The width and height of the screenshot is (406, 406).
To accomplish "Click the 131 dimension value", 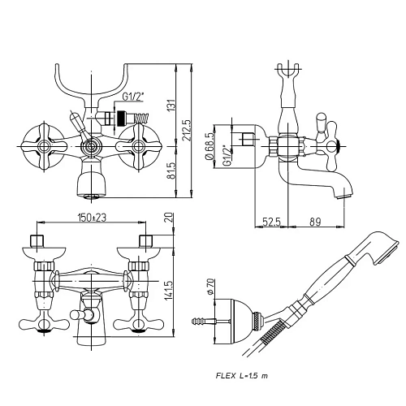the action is pos(171,104).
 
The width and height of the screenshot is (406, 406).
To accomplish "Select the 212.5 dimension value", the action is pos(187,131).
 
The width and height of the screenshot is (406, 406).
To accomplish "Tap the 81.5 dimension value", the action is pos(171,171).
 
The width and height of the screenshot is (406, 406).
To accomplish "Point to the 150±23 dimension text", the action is pos(92,218).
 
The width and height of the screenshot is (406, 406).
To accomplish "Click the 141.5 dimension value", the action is pos(168,291).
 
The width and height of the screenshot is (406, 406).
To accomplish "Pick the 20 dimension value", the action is pos(168,218).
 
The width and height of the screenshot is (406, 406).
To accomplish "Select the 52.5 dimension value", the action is pos(271,222).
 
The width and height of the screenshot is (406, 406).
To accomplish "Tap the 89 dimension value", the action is pos(315,222).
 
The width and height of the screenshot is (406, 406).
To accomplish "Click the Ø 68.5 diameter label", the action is pos(210,146).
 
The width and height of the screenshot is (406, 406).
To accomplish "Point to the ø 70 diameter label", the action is pos(211,287).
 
